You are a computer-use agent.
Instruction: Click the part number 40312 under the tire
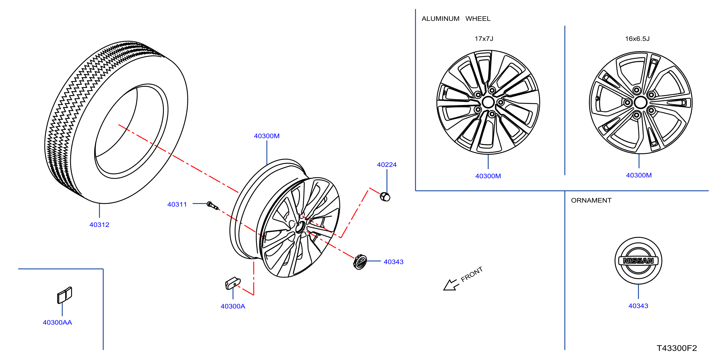99,225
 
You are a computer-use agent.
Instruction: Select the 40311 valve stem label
177,204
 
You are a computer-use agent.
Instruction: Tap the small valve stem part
212,205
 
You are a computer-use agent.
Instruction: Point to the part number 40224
387,164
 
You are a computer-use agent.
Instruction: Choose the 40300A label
233,306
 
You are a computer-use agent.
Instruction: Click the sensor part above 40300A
233,283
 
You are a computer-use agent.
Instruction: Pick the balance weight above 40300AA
65,295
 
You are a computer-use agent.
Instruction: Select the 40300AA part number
57,322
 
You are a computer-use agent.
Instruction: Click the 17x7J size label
484,39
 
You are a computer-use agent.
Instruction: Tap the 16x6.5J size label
637,39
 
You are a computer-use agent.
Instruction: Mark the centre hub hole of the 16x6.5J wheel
640,102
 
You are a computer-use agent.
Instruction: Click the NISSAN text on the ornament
638,261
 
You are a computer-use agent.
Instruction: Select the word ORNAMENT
591,200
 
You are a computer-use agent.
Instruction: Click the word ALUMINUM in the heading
440,19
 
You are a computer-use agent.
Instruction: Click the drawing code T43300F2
677,348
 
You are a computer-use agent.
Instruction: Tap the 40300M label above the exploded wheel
267,136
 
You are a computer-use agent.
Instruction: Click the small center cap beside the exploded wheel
359,262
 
